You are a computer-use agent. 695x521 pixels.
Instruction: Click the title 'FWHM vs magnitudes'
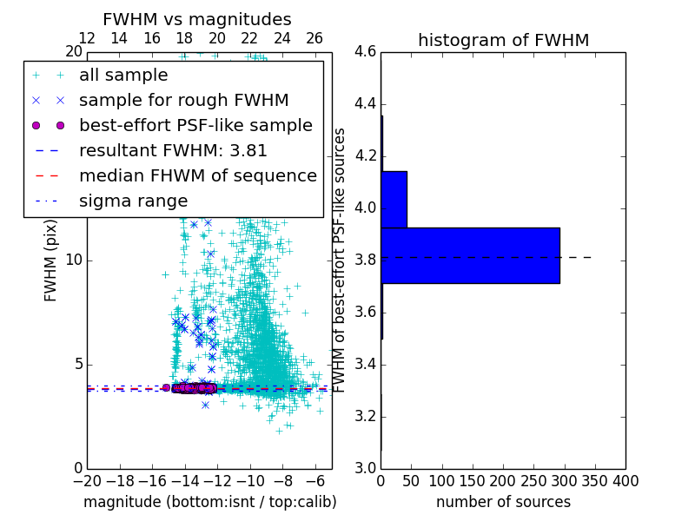pos(196,19)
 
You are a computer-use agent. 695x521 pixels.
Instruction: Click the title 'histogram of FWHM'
pos(503,40)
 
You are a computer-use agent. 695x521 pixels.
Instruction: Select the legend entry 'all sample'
pos(123,76)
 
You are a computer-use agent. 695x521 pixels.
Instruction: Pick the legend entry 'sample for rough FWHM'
pos(183,100)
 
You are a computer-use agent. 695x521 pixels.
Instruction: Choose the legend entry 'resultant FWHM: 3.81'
pos(173,150)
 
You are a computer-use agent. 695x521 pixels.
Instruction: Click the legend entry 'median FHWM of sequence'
pos(197,175)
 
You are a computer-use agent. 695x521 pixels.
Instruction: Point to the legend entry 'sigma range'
pos(133,201)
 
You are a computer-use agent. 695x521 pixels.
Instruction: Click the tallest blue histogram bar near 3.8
pos(470,255)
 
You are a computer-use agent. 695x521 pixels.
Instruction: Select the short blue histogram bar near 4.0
pos(394,199)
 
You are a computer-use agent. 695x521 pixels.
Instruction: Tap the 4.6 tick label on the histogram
pos(366,52)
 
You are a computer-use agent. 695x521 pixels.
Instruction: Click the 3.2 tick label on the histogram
pos(366,416)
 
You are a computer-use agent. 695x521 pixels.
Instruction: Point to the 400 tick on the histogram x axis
pos(625,481)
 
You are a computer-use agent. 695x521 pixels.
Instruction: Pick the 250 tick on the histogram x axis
pos(533,481)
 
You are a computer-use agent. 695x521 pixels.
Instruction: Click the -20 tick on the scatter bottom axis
pos(87,481)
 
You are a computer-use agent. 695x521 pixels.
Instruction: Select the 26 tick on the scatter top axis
pos(314,38)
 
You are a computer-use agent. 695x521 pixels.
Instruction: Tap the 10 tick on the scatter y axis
pos(74,260)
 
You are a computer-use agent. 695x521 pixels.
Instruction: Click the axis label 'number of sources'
pos(503,502)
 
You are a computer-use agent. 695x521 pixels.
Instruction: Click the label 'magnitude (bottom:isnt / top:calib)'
pos(209,502)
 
